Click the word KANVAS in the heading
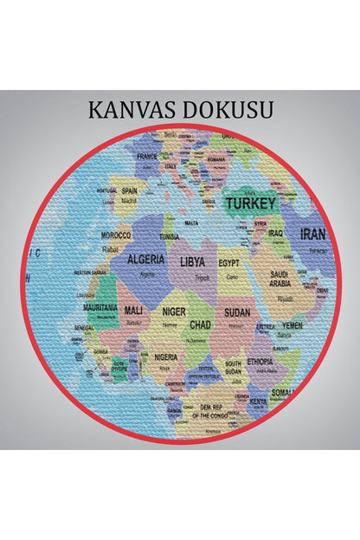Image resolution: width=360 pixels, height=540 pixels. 132,111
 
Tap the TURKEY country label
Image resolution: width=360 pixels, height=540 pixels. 250,204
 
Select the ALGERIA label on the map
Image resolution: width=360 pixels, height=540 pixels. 145,259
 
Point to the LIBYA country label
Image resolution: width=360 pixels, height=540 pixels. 192,260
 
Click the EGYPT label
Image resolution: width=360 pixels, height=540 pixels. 228,262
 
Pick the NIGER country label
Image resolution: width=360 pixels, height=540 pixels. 174,312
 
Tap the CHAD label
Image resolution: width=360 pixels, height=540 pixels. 200,325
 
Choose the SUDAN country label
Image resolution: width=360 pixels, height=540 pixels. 237,312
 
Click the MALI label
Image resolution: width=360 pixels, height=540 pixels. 134,310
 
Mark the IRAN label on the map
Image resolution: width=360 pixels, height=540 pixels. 312,235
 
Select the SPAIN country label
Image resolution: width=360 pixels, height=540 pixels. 130,191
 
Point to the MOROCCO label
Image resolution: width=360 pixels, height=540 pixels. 116,235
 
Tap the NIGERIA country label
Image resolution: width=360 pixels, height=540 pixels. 166,357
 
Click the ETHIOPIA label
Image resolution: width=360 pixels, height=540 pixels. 260,361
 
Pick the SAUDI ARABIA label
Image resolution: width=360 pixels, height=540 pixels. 280,278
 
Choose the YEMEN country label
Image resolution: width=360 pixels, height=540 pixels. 292,325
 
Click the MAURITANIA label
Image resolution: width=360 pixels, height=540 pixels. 100,307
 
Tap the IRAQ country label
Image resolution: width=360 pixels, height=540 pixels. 275,234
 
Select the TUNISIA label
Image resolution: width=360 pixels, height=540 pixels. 170,236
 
